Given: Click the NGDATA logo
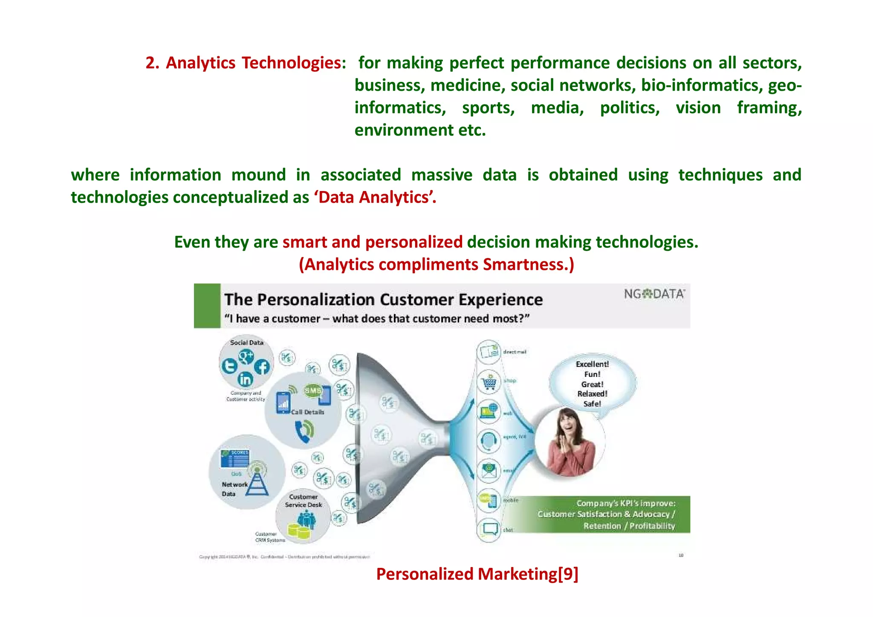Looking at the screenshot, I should pyautogui.click(x=654, y=294).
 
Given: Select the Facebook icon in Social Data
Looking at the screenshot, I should pyautogui.click(x=262, y=367).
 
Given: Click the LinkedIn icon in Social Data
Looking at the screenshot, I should pyautogui.click(x=245, y=379).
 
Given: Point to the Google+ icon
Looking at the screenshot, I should pyautogui.click(x=246, y=356).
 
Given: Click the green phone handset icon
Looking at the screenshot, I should pyautogui.click(x=304, y=431).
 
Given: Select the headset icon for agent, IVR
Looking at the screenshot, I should pyautogui.click(x=489, y=440).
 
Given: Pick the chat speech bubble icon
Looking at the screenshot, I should pyautogui.click(x=489, y=529).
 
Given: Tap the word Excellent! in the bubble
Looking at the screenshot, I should pyautogui.click(x=592, y=364).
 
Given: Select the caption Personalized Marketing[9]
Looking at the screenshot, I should pyautogui.click(x=477, y=574).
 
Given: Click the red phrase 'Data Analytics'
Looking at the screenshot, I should pyautogui.click(x=375, y=197).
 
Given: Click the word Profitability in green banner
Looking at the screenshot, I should pyautogui.click(x=652, y=526).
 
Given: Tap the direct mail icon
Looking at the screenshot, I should pyautogui.click(x=489, y=352).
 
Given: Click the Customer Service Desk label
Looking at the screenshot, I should pyautogui.click(x=304, y=501).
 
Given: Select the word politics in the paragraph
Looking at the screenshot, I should pyautogui.click(x=630, y=108).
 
